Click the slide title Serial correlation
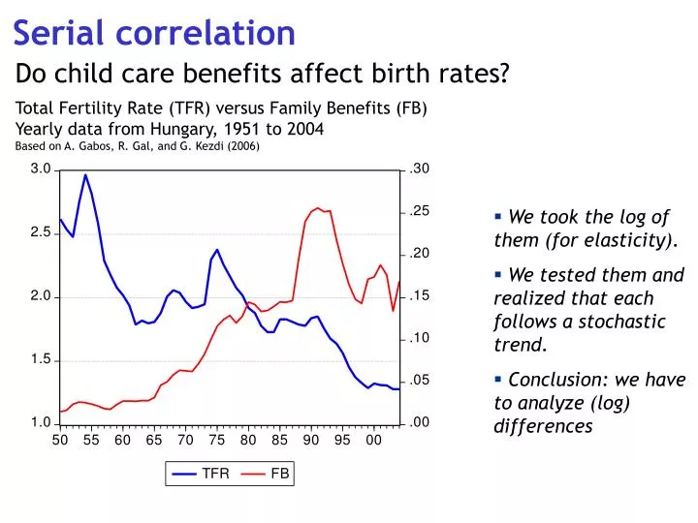154,33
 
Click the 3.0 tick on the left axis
40,169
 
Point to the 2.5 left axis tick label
40,233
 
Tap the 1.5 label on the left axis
40,360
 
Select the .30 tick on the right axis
419,169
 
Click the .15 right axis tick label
419,296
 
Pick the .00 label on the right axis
419,423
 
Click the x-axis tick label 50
60,441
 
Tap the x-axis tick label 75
216,441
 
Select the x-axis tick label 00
373,441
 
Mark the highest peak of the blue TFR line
85,175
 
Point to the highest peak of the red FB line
317,207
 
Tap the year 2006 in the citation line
240,147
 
